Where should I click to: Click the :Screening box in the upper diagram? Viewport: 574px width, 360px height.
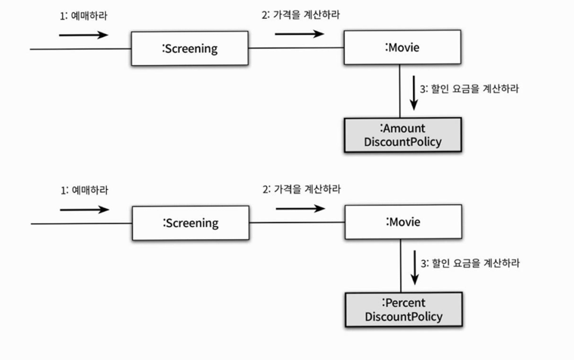190,48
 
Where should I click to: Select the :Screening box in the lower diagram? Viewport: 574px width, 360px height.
191,222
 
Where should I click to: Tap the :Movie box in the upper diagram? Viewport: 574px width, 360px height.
402,48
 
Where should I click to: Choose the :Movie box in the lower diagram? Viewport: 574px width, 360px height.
402,222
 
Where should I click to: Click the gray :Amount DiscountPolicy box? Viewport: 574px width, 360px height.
402,135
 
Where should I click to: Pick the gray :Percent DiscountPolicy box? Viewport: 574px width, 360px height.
403,309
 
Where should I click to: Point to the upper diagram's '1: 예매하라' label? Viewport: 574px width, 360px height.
84,16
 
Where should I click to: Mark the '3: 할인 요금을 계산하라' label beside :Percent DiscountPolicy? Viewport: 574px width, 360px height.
470,263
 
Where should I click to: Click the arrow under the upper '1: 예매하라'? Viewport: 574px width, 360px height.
83,35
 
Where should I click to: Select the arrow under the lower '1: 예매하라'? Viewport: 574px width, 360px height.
85,209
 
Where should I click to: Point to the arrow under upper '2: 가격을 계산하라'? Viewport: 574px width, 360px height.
299,33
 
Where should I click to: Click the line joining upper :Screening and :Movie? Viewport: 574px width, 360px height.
296,48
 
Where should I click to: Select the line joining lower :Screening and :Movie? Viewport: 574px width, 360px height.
297,222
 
